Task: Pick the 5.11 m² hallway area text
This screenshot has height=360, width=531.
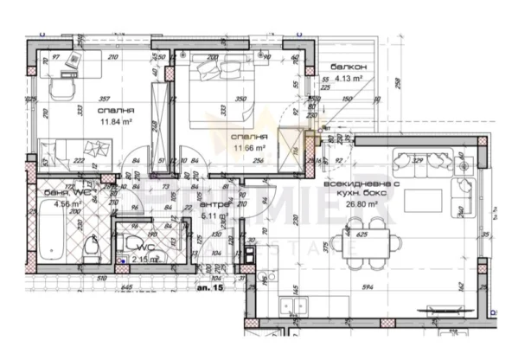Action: click(214, 216)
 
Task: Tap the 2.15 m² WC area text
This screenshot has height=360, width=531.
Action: click(142, 258)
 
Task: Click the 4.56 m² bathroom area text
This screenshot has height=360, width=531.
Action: click(67, 204)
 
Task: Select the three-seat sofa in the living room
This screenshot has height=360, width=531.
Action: click(420, 159)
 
